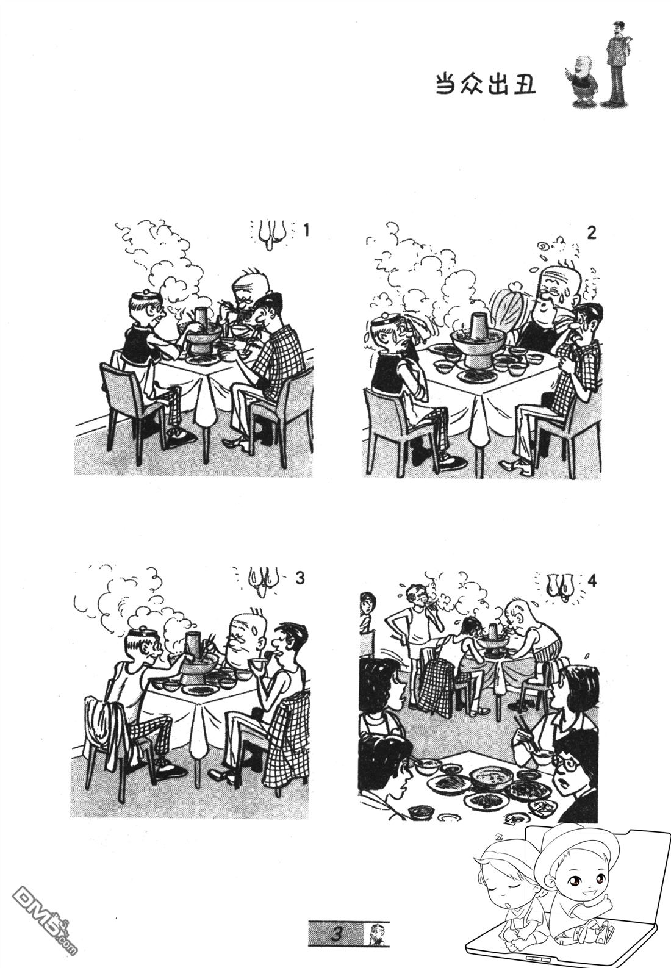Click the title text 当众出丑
484,84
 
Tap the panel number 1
306,231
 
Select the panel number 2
592,233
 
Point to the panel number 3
300,578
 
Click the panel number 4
592,582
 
